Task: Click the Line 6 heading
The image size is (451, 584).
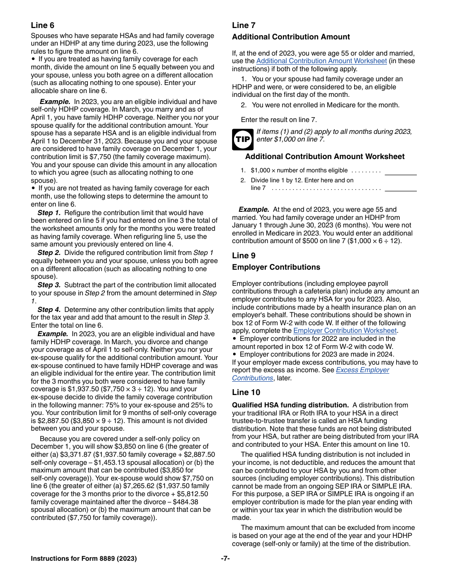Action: point(43,26)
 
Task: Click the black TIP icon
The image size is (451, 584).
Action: point(242,140)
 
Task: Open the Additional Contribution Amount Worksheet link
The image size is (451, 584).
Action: point(321,61)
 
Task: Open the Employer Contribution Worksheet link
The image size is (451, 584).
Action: point(345,330)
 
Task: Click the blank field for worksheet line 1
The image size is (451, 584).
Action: point(400,171)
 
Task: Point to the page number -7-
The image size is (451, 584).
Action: point(225,558)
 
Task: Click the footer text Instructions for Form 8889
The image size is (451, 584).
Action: point(84,558)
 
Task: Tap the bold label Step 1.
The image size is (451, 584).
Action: point(49,213)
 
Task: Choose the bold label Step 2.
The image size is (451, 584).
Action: point(49,253)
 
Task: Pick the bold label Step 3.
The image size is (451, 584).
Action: point(49,285)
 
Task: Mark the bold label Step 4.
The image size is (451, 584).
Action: point(49,310)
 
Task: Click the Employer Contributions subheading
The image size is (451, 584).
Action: point(276,267)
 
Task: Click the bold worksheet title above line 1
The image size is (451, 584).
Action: point(325,157)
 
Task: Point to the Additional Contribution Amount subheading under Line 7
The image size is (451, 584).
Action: point(291,37)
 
